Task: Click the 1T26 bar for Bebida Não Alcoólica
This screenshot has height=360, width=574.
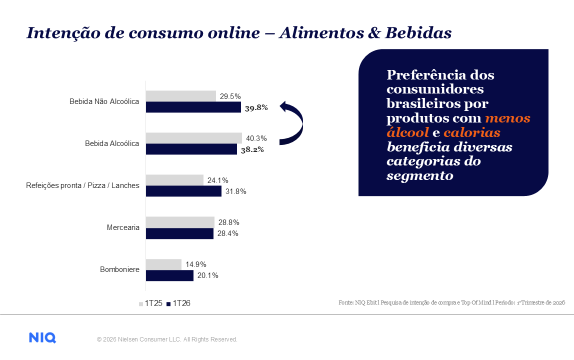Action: click(x=193, y=107)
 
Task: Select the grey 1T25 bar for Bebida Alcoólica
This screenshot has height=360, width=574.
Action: click(x=193, y=138)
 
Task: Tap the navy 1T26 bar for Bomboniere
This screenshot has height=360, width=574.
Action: click(x=169, y=275)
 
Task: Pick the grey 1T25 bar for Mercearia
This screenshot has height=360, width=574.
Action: click(x=180, y=222)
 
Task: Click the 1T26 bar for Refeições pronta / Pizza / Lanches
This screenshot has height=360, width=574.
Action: click(x=183, y=191)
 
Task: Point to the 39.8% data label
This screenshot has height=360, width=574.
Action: click(x=256, y=107)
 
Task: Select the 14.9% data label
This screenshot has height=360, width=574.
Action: click(x=195, y=264)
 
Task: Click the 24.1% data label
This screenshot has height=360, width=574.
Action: click(x=218, y=180)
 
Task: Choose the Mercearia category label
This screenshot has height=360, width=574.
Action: click(x=123, y=227)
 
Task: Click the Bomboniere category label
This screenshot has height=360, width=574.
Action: click(x=119, y=270)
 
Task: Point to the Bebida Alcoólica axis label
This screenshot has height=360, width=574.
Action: click(x=112, y=143)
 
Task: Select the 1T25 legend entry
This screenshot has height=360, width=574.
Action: click(x=150, y=303)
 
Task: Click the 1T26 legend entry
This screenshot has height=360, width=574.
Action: click(x=178, y=303)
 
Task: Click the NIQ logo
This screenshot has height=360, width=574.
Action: click(x=42, y=338)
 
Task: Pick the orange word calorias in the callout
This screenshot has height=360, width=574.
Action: click(x=472, y=133)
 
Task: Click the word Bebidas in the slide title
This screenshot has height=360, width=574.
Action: click(x=422, y=33)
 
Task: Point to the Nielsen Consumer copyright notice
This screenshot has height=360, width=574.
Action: click(x=167, y=339)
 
